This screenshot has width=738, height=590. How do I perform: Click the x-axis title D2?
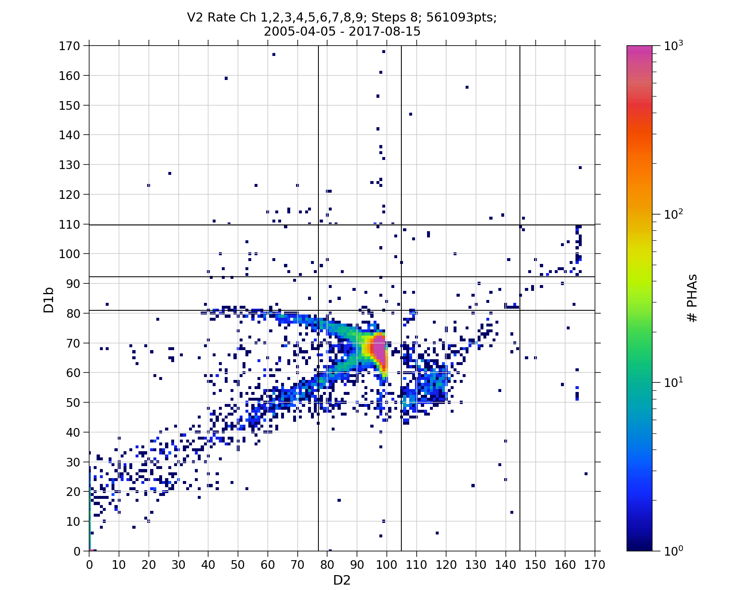tap(342, 580)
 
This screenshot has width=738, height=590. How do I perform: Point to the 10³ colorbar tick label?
tap(674, 46)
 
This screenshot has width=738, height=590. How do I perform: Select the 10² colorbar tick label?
tap(674, 215)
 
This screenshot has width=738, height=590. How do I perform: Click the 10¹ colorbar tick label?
tap(674, 383)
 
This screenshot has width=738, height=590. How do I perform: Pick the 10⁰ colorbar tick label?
tap(674, 551)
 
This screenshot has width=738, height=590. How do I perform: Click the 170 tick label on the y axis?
tap(70, 46)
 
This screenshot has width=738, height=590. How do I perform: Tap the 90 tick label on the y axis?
tap(73, 283)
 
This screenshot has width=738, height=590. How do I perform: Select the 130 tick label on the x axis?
tap(476, 565)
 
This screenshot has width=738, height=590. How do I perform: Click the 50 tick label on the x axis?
tap(238, 565)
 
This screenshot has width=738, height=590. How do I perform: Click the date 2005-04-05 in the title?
tap(299, 31)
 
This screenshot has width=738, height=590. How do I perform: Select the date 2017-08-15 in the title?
tap(384, 31)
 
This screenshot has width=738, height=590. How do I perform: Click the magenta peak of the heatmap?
tap(379, 348)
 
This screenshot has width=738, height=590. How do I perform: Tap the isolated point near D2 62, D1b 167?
tap(274, 55)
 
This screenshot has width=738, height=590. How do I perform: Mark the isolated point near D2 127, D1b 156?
tap(467, 87)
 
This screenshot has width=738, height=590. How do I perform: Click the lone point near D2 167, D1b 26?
tap(586, 474)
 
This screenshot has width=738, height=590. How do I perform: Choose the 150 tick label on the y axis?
tap(70, 105)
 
